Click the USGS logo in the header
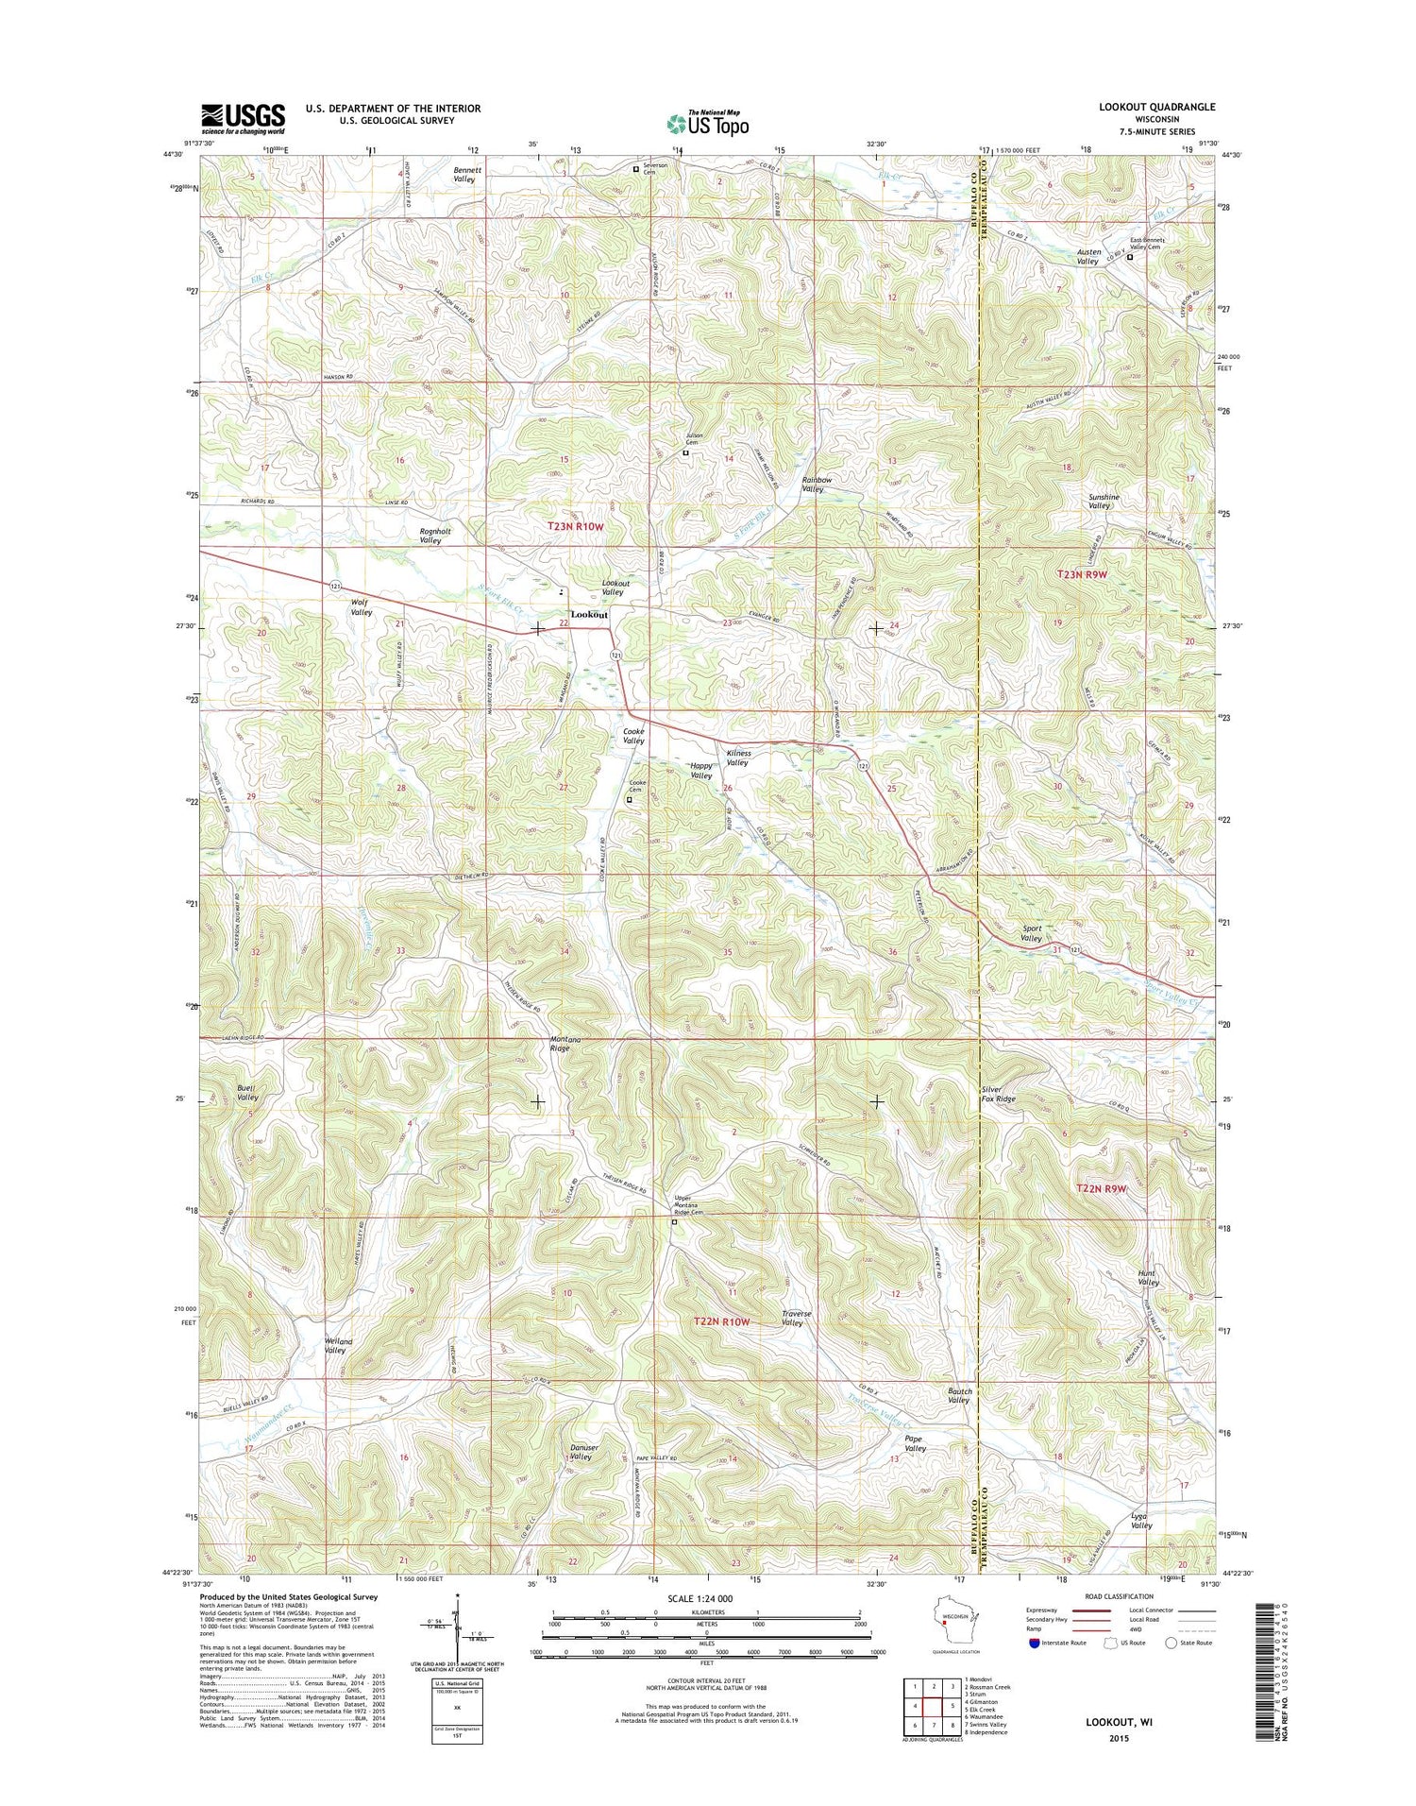coord(242,116)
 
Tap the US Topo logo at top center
coord(708,123)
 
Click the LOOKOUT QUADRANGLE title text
coord(1156,108)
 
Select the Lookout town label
coord(590,615)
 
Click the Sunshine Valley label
coord(1103,501)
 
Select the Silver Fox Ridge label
coord(999,1094)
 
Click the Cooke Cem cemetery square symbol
coord(630,800)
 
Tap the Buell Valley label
coord(247,1093)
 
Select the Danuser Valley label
coord(580,1452)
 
